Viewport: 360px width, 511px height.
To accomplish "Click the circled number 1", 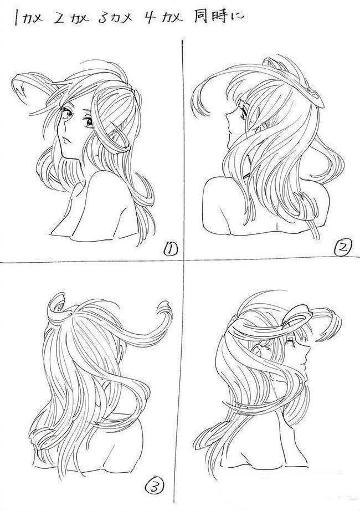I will click(169, 250).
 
